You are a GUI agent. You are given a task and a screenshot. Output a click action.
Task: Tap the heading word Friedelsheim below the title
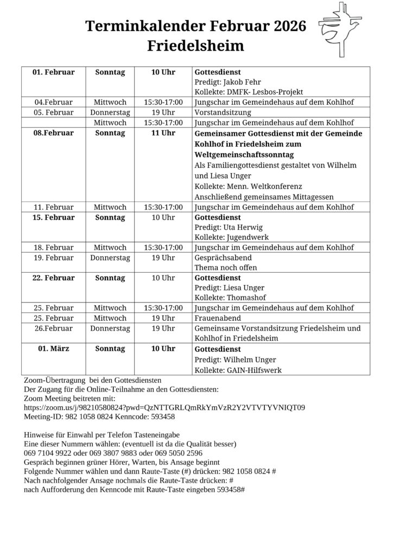coord(196,46)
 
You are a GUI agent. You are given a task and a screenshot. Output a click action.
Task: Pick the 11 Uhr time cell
coord(163,133)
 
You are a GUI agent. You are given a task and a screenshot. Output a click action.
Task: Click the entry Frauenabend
coord(218,318)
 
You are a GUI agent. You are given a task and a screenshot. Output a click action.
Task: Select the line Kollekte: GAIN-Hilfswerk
coord(238,370)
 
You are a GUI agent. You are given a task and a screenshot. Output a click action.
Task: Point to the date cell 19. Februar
coord(53,257)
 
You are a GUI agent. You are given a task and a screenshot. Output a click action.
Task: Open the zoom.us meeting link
coord(164,407)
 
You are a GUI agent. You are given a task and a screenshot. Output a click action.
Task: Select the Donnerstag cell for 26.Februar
coord(110,328)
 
